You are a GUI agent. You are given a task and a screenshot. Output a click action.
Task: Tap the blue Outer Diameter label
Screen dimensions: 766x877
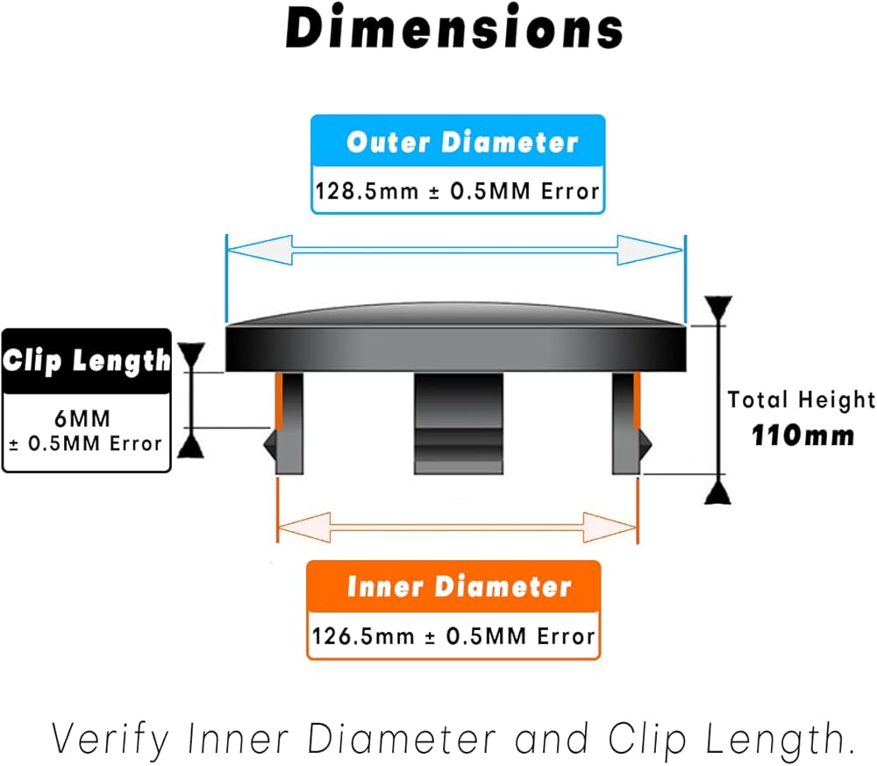click(461, 143)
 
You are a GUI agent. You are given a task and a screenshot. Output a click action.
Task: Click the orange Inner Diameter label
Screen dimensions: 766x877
click(459, 586)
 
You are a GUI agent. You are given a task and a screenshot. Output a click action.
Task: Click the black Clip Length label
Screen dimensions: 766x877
click(86, 360)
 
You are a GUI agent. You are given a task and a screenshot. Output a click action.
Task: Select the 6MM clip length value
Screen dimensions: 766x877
click(87, 421)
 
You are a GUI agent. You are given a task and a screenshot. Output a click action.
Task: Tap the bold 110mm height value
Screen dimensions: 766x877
click(802, 435)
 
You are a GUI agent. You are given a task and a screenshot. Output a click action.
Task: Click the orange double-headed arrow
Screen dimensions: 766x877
click(456, 528)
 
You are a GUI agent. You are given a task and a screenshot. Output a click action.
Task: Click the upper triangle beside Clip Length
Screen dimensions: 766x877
click(191, 356)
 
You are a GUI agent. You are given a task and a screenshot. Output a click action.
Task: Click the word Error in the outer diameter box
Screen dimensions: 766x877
click(569, 191)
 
